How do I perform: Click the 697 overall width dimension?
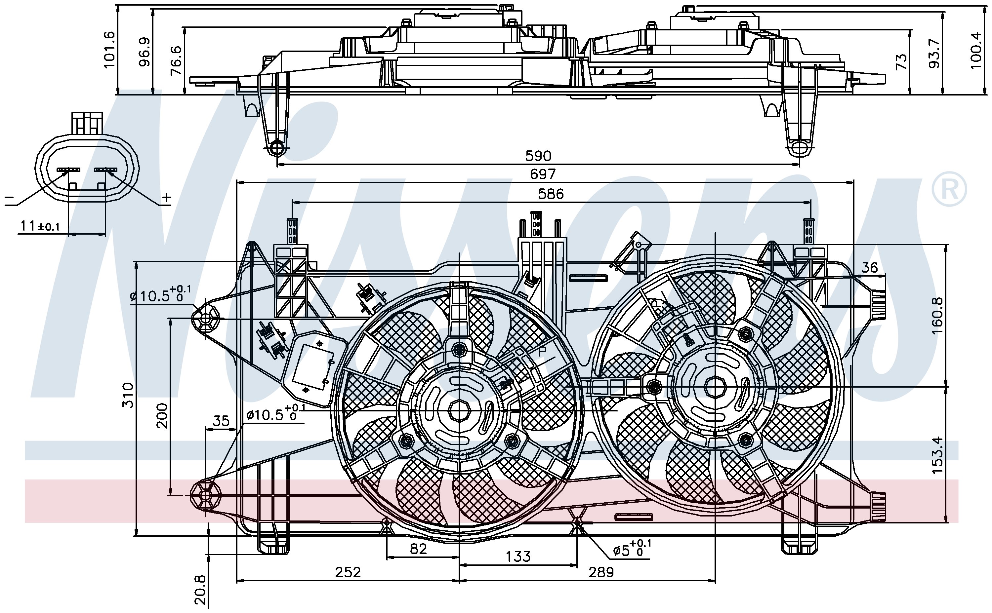pyautogui.click(x=543, y=174)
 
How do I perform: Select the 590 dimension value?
pyautogui.click(x=538, y=156)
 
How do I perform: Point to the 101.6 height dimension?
pyautogui.click(x=110, y=50)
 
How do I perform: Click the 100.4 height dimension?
pyautogui.click(x=976, y=51)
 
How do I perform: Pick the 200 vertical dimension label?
pyautogui.click(x=162, y=415)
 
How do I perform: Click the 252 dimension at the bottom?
pyautogui.click(x=348, y=572)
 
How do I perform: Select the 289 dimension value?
pyautogui.click(x=601, y=572)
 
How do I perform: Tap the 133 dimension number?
pyautogui.click(x=518, y=556)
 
